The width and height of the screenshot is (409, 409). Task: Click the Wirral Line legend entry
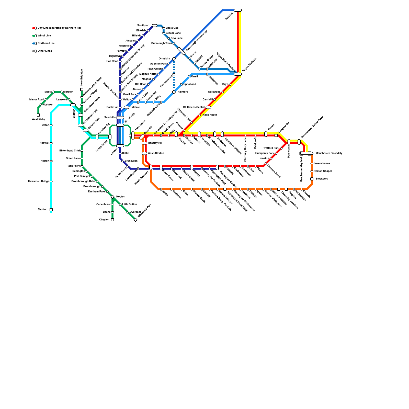(x=44, y=36)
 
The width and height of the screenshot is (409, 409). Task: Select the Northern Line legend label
(x=46, y=43)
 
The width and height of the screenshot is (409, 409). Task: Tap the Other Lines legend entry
(x=45, y=51)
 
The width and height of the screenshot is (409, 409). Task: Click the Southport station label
(x=143, y=26)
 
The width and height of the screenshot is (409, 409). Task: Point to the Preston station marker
(x=238, y=10)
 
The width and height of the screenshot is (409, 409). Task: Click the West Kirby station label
(x=38, y=119)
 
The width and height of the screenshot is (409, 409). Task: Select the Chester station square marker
(x=112, y=220)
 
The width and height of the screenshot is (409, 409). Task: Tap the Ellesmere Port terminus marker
(x=135, y=220)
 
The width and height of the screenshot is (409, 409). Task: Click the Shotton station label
(x=42, y=210)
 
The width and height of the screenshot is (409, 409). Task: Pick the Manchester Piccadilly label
(x=329, y=153)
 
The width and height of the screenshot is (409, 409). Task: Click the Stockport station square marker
(x=312, y=179)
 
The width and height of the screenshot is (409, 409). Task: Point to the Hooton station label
(x=121, y=197)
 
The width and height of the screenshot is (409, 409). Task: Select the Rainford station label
(x=183, y=92)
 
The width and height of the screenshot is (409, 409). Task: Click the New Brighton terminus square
(x=82, y=89)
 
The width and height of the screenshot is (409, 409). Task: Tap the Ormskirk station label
(x=164, y=59)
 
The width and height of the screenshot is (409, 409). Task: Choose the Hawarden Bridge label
(x=39, y=181)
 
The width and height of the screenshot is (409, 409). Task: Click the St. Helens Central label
(x=194, y=107)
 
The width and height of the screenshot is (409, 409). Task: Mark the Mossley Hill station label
(x=155, y=143)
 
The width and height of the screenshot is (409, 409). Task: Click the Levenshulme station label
(x=322, y=164)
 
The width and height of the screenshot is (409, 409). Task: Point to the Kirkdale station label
(x=135, y=107)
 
